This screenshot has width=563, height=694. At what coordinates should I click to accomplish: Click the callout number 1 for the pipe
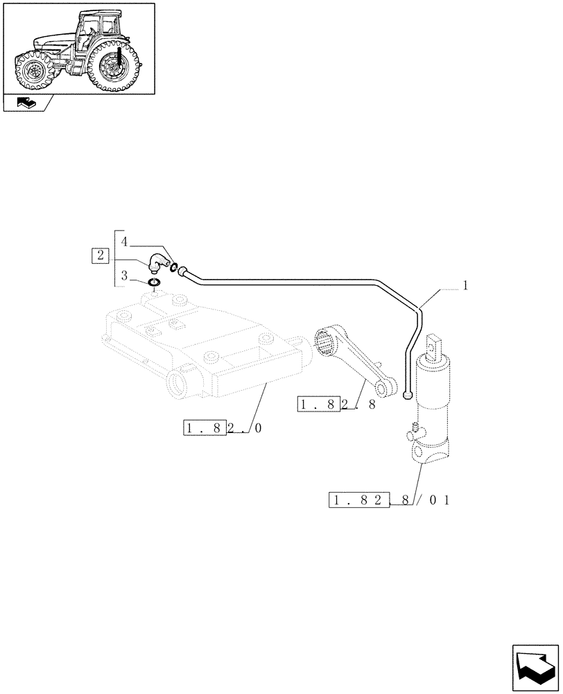(x=465, y=285)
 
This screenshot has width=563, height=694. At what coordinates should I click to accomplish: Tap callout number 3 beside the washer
(x=124, y=276)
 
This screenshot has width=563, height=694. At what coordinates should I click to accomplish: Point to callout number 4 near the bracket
(x=124, y=242)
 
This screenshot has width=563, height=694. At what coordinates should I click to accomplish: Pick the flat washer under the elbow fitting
(x=154, y=282)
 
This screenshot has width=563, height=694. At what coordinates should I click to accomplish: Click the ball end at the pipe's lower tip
(x=407, y=396)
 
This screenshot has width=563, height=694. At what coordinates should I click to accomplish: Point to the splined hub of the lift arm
(x=326, y=344)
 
